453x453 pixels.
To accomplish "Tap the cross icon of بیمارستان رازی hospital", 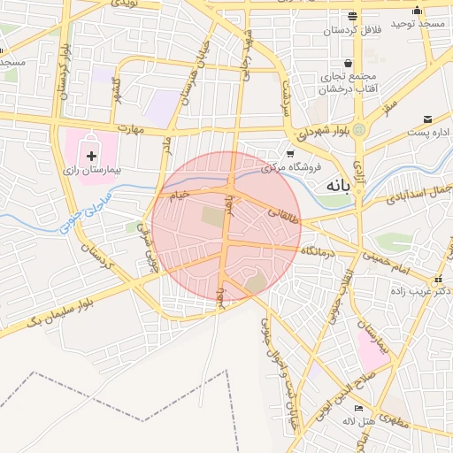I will click(x=92, y=156).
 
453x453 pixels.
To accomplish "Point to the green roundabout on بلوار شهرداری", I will click(x=360, y=130).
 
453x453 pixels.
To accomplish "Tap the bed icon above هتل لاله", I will click(x=358, y=408).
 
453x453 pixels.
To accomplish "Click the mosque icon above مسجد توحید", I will click(x=417, y=11).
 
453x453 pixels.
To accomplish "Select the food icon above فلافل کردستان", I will click(x=352, y=17).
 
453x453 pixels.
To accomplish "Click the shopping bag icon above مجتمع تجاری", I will click(x=349, y=64).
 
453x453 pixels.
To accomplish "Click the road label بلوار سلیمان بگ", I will click(x=61, y=311).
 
